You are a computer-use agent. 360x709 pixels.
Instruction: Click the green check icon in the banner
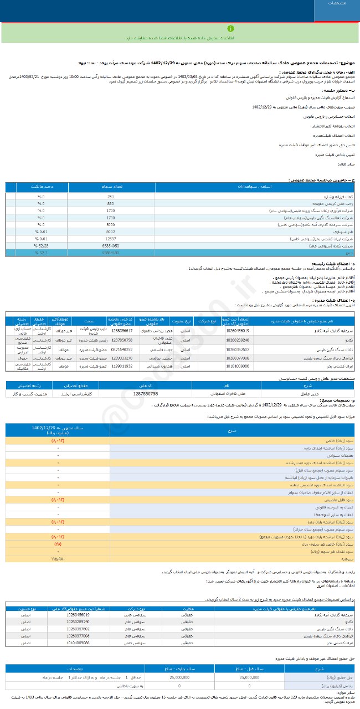(x=230, y=28)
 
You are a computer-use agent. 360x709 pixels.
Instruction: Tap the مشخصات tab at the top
(x=337, y=3)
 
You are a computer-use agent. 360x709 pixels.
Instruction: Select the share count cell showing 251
(x=111, y=197)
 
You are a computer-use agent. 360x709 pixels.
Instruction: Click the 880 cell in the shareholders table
(x=111, y=204)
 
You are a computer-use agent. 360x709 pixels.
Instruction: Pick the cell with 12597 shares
(x=111, y=239)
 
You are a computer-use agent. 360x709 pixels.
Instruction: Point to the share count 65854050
(x=111, y=245)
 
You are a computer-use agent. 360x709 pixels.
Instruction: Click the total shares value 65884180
(x=111, y=253)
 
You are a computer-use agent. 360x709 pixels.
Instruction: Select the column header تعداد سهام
(x=111, y=187)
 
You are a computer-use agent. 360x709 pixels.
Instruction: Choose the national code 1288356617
(x=122, y=331)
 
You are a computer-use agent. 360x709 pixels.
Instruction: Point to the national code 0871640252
(x=122, y=350)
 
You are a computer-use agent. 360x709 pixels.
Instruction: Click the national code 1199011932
(x=122, y=366)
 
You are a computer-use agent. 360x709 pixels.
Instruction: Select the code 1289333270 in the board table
(x=122, y=358)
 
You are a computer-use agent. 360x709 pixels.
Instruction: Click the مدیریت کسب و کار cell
(x=30, y=393)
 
